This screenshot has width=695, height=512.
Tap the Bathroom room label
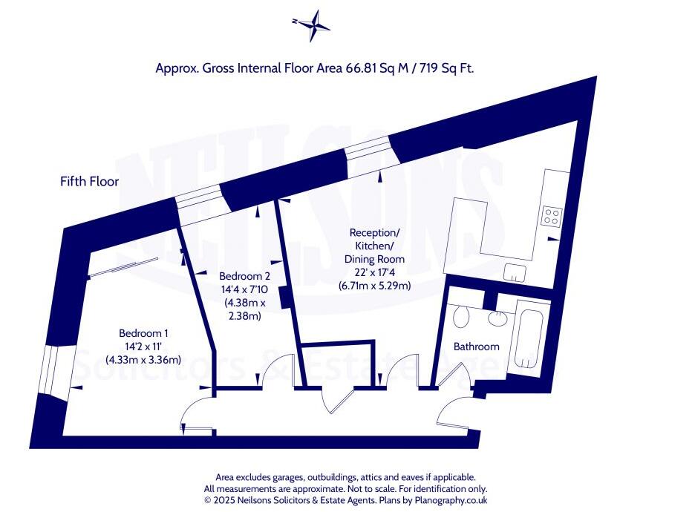(x=476, y=347)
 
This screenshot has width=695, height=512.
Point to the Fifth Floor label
(x=89, y=181)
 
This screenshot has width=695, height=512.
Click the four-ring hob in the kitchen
(x=552, y=216)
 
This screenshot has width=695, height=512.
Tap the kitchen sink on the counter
(x=515, y=272)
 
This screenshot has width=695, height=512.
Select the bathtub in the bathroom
(x=529, y=338)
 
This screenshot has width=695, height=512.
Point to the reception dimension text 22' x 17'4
(x=374, y=272)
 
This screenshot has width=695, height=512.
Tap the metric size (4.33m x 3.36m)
(x=144, y=360)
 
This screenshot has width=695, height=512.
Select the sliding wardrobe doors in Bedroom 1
(x=123, y=268)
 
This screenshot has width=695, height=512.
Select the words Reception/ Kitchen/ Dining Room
(x=374, y=246)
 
